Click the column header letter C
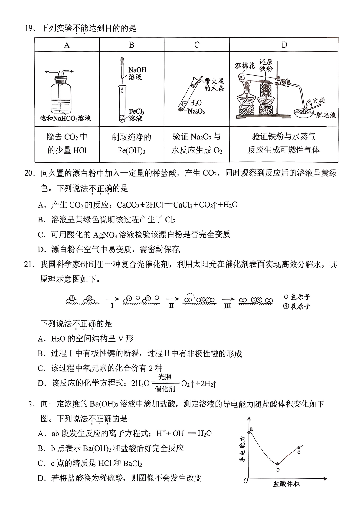coord(197,45)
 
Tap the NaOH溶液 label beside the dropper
coord(137,74)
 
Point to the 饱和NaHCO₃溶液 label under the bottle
coord(65,118)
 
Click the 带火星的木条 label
coord(214,85)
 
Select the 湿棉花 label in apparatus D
coord(245,66)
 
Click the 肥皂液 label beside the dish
coord(325,115)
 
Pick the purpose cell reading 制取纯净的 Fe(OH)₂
coord(131,144)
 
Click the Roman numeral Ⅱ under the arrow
coord(171,306)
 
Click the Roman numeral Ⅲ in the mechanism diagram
coord(227,306)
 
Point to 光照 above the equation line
coord(165,377)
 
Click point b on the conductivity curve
coord(278,464)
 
